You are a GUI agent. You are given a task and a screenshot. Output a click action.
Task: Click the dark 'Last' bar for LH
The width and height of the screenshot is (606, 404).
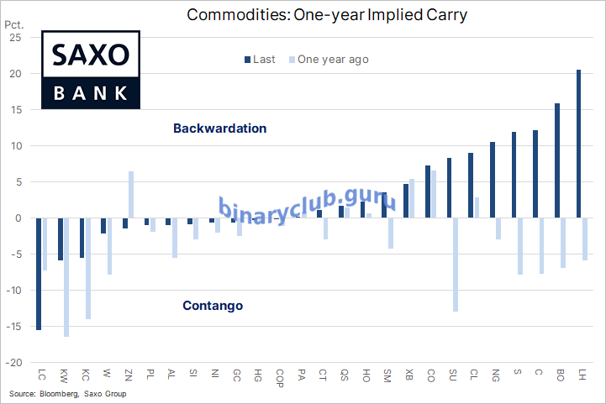click(578, 144)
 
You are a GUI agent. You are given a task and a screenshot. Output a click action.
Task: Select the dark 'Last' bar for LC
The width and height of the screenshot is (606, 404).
click(39, 274)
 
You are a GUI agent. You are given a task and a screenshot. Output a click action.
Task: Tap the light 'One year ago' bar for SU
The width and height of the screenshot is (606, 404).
click(456, 265)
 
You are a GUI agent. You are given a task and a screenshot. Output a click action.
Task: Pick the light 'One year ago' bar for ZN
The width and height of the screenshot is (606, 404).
click(131, 195)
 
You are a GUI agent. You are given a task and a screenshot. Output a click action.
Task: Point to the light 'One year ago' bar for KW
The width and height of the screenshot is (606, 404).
click(66, 277)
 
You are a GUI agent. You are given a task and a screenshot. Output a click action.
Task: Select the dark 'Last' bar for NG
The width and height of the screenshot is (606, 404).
click(492, 180)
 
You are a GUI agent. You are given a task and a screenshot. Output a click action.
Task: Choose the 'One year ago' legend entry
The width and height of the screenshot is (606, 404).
click(327, 60)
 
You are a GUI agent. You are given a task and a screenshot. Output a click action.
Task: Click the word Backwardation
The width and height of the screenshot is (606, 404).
click(219, 129)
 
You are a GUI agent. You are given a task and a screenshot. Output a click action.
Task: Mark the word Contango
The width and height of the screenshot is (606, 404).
click(213, 306)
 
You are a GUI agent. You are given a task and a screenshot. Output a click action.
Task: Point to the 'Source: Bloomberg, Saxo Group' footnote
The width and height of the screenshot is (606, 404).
click(67, 393)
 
